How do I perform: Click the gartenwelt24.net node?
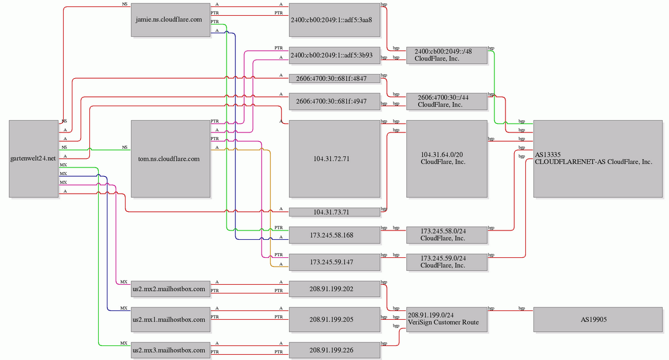pyautogui.click(x=34, y=159)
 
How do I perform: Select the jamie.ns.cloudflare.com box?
pyautogui.click(x=170, y=20)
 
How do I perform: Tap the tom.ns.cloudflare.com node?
pyautogui.click(x=170, y=159)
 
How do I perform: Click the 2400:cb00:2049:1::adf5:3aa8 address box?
pyautogui.click(x=334, y=20)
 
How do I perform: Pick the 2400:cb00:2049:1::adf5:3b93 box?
pyautogui.click(x=334, y=55)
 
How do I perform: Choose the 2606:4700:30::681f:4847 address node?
pyautogui.click(x=334, y=79)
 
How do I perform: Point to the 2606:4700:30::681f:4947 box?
pyautogui.click(x=334, y=102)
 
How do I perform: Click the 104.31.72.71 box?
pyautogui.click(x=334, y=159)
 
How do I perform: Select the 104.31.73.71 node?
pyautogui.click(x=334, y=212)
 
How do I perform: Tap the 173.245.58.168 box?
pyautogui.click(x=334, y=235)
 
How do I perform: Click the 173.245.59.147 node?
pyautogui.click(x=334, y=262)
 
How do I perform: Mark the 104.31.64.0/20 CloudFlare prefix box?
pyautogui.click(x=447, y=159)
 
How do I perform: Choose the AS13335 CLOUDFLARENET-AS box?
pyautogui.click(x=598, y=159)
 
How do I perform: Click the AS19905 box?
pyautogui.click(x=598, y=320)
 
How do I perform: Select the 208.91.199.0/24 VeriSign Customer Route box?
pyautogui.click(x=447, y=320)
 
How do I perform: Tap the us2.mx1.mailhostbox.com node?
pyautogui.click(x=170, y=320)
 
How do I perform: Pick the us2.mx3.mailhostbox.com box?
pyautogui.click(x=170, y=350)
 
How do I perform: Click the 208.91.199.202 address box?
pyautogui.click(x=334, y=289)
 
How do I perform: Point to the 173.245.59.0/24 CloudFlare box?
pyautogui.click(x=447, y=262)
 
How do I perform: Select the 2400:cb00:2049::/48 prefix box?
pyautogui.click(x=447, y=55)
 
